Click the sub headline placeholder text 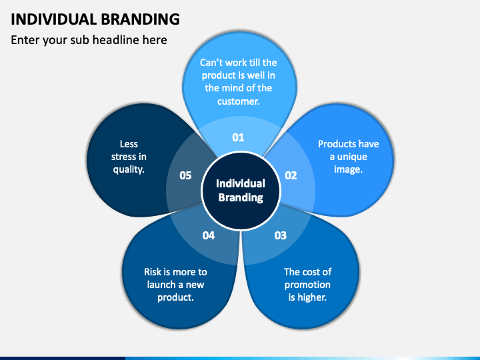pyautogui.click(x=89, y=40)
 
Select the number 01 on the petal pyautogui.click(x=238, y=137)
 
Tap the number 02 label pyautogui.click(x=291, y=175)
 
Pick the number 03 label pyautogui.click(x=280, y=235)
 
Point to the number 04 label pyautogui.click(x=209, y=235)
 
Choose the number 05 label pyautogui.click(x=185, y=175)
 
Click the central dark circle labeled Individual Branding pyautogui.click(x=241, y=190)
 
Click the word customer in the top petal pyautogui.click(x=238, y=101)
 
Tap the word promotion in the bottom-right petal pyautogui.click(x=307, y=285)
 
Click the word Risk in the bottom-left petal pyautogui.click(x=153, y=272)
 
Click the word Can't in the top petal pyautogui.click(x=212, y=63)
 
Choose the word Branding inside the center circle pyautogui.click(x=241, y=197)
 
